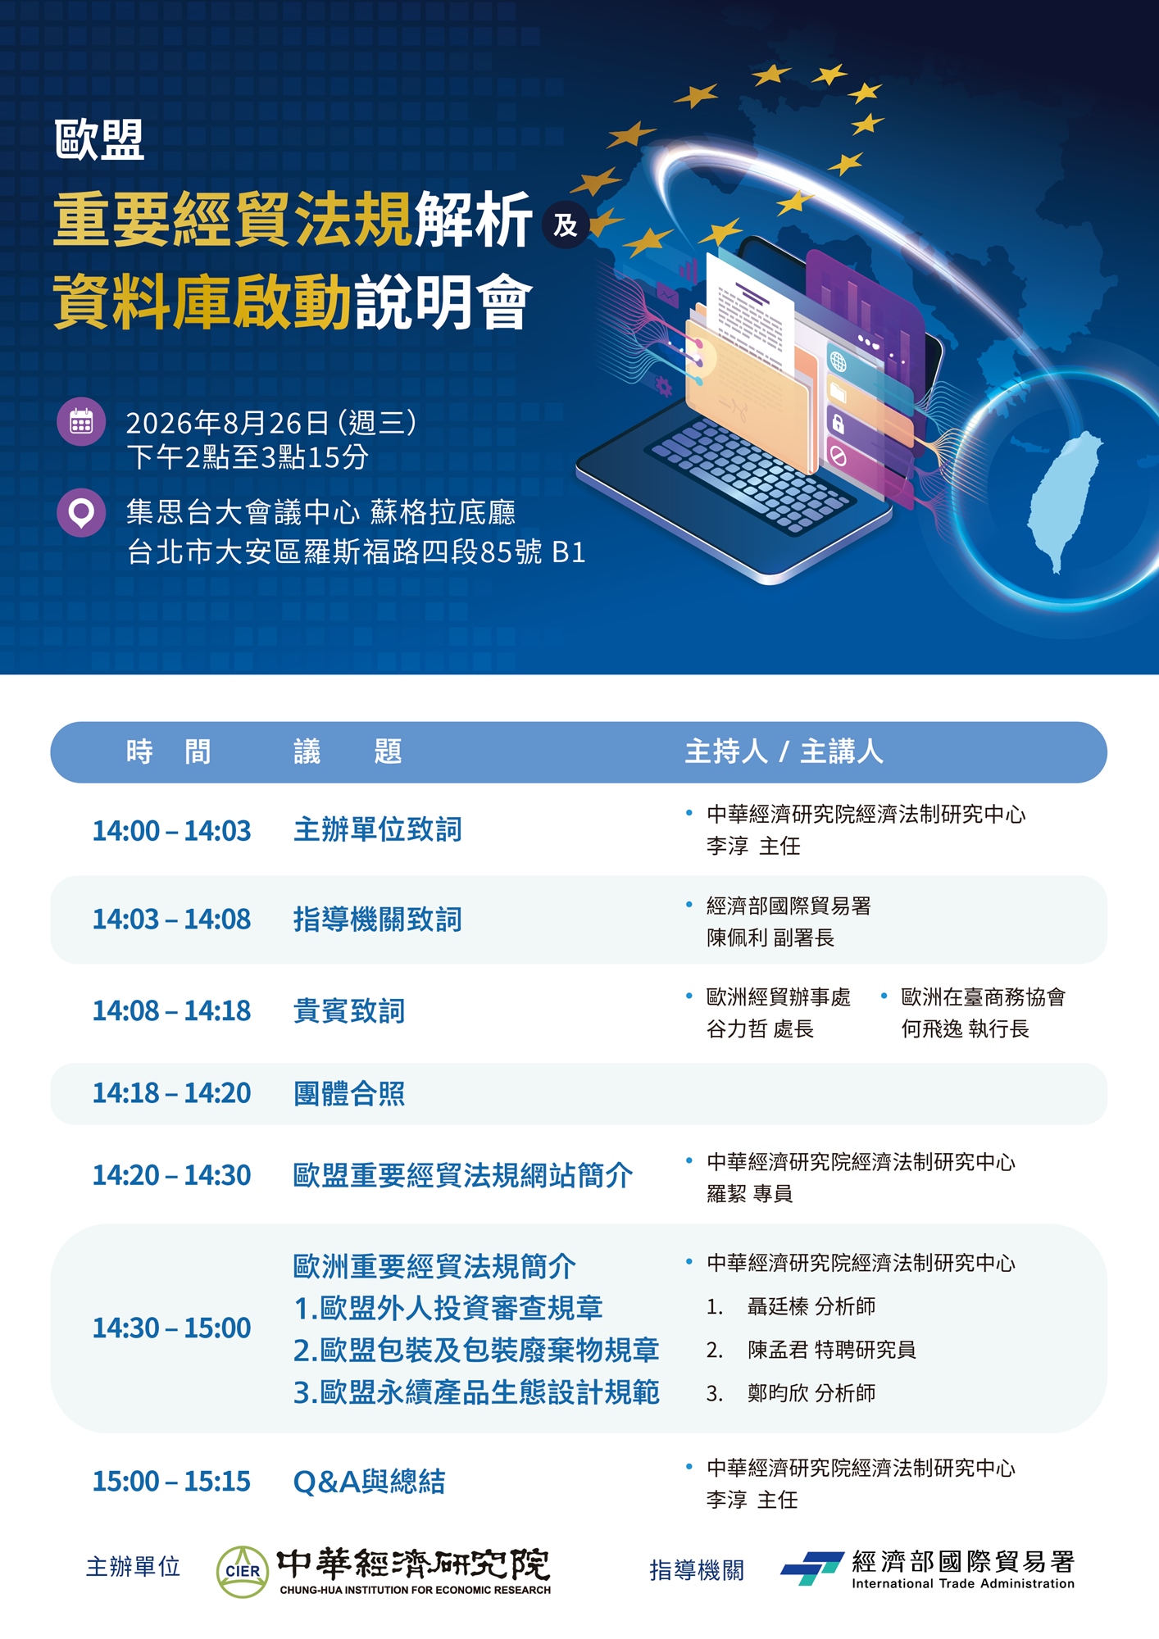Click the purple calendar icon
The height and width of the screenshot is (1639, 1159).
81,422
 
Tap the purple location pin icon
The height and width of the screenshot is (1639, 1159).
81,513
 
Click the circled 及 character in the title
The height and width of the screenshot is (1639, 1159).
566,225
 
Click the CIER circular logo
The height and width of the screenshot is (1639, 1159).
243,1571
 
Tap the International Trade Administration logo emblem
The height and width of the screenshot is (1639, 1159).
812,1568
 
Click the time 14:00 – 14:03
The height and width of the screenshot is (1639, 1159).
171,830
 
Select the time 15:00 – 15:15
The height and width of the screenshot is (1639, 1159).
171,1481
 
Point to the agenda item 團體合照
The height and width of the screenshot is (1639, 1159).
349,1093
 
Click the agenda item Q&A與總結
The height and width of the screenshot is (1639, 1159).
369,1482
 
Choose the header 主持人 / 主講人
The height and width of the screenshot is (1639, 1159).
784,751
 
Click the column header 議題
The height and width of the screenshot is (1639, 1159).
348,751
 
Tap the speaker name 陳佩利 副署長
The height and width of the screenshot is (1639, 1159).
770,938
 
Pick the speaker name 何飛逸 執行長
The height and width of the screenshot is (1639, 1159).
965,1028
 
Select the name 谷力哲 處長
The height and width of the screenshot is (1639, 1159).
760,1028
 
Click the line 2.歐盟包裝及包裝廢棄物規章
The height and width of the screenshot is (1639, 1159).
476,1350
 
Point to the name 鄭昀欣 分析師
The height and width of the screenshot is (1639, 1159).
811,1393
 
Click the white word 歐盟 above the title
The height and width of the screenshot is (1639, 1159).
99,139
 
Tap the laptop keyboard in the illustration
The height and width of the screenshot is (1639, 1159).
750,476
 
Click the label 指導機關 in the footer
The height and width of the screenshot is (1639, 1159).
697,1570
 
